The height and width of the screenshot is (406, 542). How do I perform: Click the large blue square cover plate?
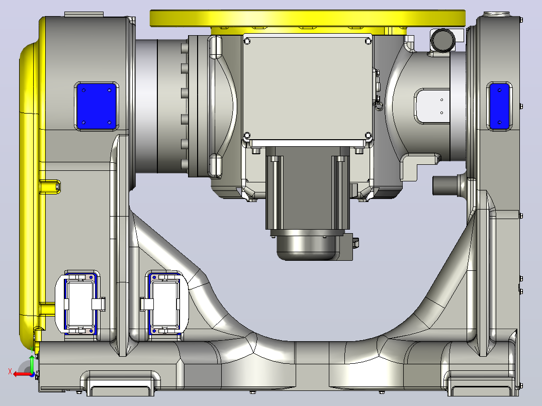pyautogui.click(x=97, y=107)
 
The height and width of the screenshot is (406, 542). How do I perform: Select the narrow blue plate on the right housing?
pyautogui.click(x=499, y=106)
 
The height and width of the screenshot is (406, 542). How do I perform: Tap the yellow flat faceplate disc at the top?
pyautogui.click(x=307, y=18)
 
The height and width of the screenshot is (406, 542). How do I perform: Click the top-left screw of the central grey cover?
pyautogui.click(x=247, y=42)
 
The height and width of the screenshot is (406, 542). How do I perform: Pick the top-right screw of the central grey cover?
pyautogui.click(x=368, y=42)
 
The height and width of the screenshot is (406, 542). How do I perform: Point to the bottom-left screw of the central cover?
pyautogui.click(x=247, y=135)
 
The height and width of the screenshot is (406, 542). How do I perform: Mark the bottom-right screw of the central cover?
pyautogui.click(x=368, y=135)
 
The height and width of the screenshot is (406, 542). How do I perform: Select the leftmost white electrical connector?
pyautogui.click(x=80, y=303)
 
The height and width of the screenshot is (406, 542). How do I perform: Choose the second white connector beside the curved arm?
pyautogui.click(x=164, y=303)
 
